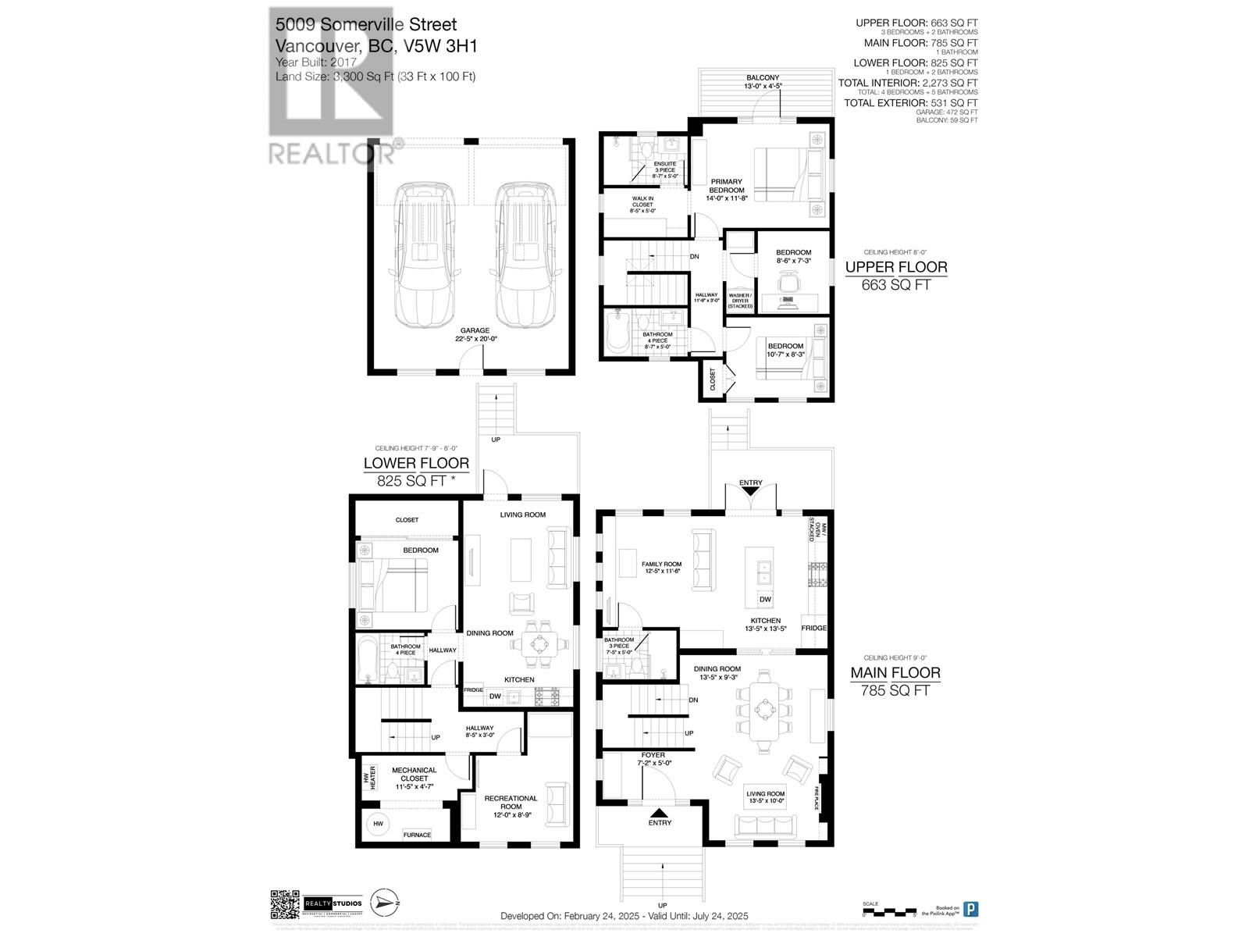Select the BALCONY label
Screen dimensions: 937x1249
pos(762,77)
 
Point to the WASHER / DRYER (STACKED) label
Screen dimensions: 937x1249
pos(740,301)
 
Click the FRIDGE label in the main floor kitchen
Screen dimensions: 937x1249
pos(814,628)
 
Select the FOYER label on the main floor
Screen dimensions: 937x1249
pos(653,755)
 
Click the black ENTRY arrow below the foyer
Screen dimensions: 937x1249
pos(660,814)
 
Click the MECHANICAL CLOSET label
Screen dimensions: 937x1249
pos(414,774)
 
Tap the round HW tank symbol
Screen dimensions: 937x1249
pos(378,824)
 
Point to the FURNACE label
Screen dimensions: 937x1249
pos(417,835)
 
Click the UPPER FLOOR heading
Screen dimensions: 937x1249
pos(896,267)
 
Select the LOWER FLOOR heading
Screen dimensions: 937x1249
pos(416,463)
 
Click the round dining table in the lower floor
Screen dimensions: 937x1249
pos(539,643)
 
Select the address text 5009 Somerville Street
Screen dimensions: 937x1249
pos(365,25)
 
